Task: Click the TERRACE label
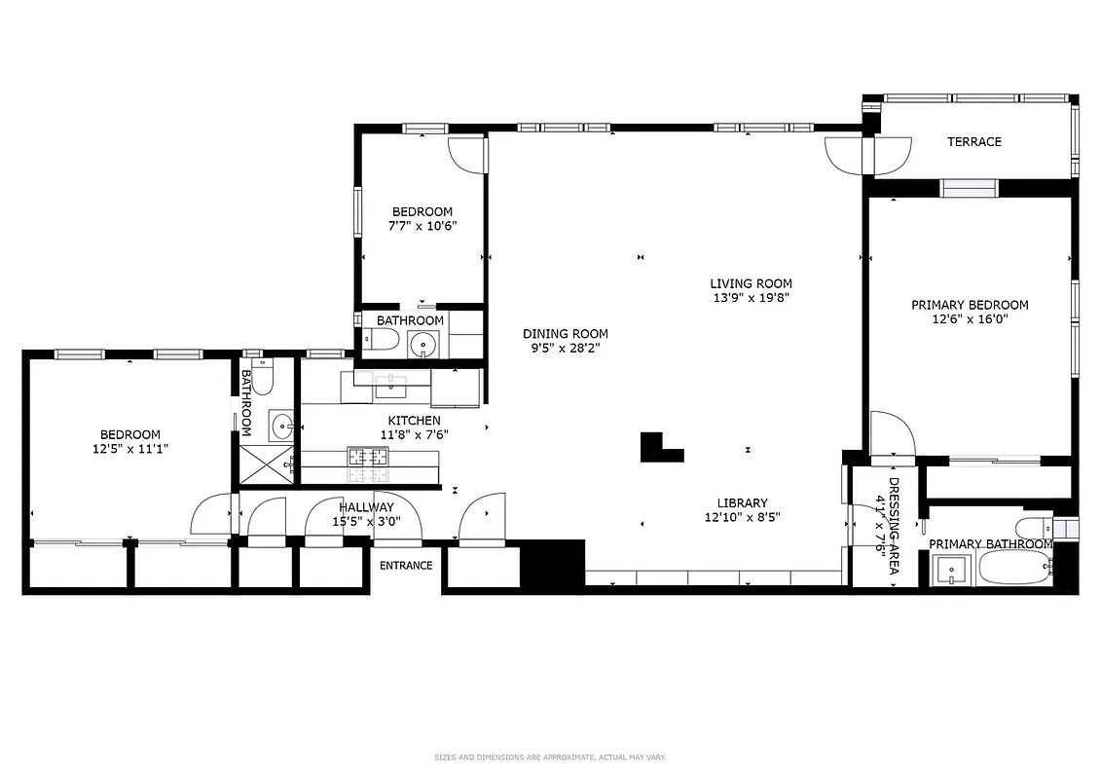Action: click(973, 142)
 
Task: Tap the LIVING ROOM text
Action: click(750, 283)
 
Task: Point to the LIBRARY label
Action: click(742, 503)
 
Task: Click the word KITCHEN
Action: click(414, 421)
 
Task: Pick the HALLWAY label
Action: click(366, 507)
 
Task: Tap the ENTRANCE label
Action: click(405, 566)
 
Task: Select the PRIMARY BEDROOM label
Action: click(969, 305)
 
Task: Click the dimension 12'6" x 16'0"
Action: click(969, 319)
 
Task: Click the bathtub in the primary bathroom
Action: click(1014, 568)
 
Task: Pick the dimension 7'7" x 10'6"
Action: click(422, 226)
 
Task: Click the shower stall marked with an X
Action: click(265, 464)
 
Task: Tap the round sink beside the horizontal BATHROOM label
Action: click(422, 344)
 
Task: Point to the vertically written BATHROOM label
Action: click(246, 401)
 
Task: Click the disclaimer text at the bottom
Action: click(549, 758)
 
